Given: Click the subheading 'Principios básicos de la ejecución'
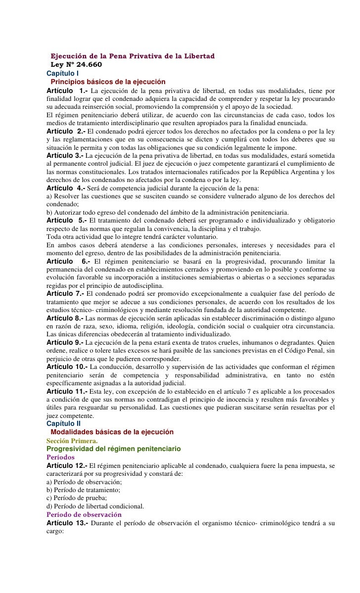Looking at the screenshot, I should [108, 82].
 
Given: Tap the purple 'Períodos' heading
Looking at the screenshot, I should [60, 457].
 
